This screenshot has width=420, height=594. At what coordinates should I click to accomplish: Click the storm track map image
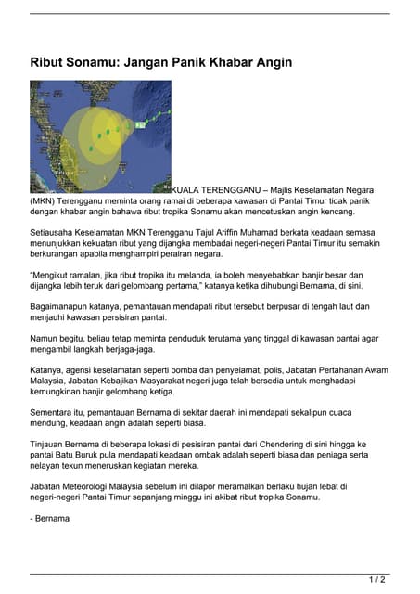(x=100, y=136)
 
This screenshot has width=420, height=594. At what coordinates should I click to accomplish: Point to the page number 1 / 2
(x=377, y=580)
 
